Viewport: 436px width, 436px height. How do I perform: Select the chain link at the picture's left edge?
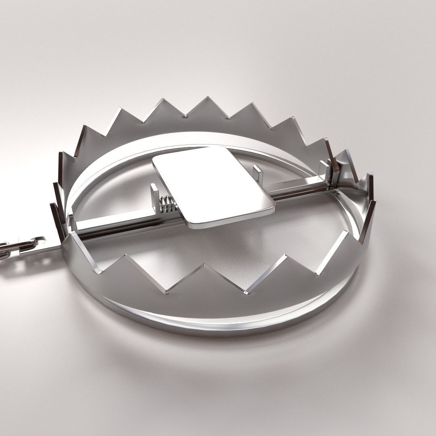[x=5, y=251]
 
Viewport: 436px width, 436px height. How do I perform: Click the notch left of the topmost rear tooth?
[x=185, y=117]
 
